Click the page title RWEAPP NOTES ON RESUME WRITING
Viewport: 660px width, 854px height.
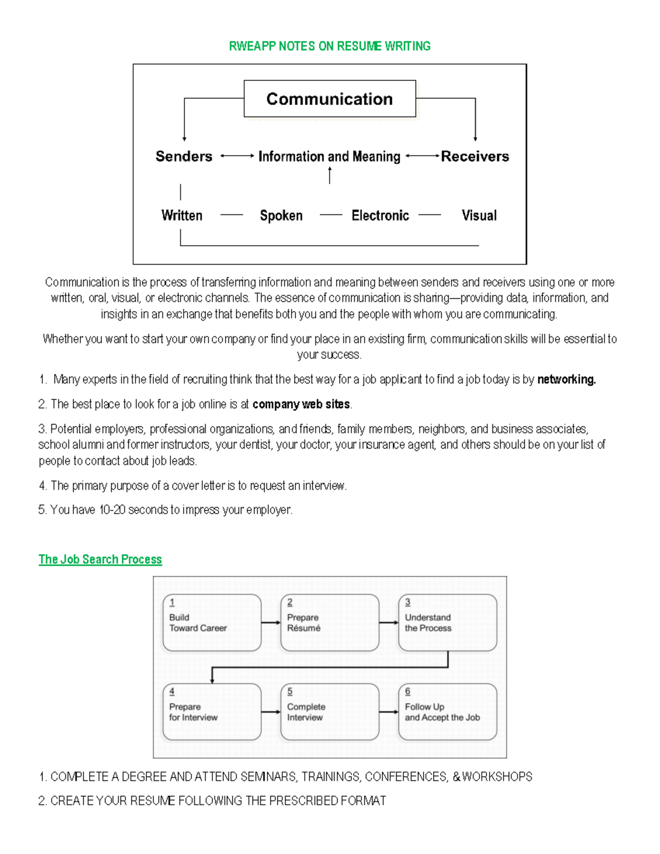(329, 46)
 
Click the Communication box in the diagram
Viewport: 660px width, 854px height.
(329, 99)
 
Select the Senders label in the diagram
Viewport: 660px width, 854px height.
(184, 157)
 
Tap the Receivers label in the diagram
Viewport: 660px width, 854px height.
(475, 157)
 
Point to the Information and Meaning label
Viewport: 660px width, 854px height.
(329, 157)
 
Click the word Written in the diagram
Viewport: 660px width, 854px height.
(182, 216)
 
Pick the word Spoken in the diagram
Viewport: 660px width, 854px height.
(281, 216)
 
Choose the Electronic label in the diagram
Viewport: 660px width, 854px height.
(380, 216)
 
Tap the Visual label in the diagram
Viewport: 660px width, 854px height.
(479, 216)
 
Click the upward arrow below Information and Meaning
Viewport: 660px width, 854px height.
(329, 175)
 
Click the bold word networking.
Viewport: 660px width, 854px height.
(566, 379)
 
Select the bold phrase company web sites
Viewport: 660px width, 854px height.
(301, 404)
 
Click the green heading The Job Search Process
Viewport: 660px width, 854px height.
(100, 559)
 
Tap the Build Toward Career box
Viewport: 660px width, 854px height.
(212, 622)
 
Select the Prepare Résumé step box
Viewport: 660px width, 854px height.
(329, 622)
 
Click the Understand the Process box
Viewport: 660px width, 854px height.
(447, 622)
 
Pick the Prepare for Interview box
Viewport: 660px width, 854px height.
(212, 712)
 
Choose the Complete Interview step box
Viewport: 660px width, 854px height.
(329, 712)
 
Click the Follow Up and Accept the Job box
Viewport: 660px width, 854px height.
(447, 712)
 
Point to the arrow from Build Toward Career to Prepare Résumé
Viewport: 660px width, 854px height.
(271, 622)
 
